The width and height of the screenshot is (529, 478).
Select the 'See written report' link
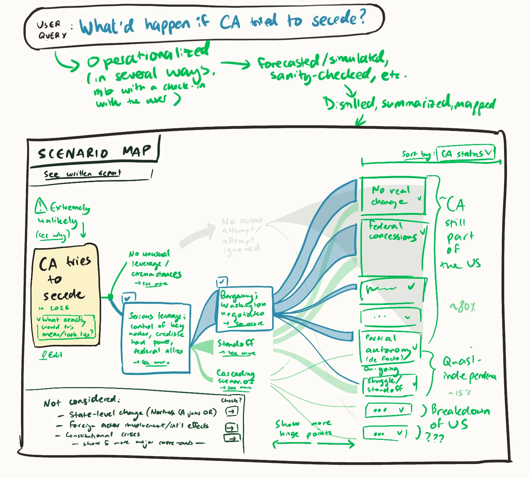(x=82, y=174)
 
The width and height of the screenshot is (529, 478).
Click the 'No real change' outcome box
(x=393, y=196)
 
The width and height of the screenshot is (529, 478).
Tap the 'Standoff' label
(x=236, y=344)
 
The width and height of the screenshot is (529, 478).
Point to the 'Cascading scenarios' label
(x=235, y=377)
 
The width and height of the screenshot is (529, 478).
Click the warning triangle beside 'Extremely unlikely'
(x=41, y=206)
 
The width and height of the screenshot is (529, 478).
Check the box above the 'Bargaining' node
(x=222, y=282)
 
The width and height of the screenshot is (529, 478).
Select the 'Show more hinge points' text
(x=303, y=429)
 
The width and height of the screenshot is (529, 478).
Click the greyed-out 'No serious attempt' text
(x=242, y=235)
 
